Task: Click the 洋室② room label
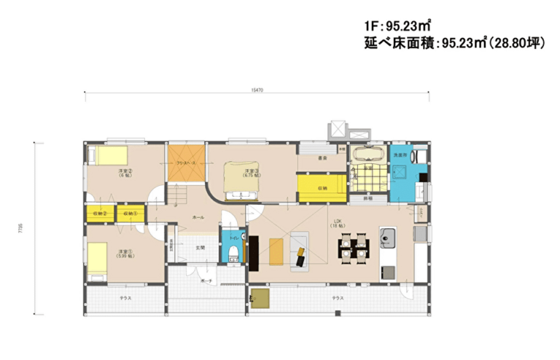tap(125, 173)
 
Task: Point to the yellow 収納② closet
tap(100, 214)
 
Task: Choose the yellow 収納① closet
tap(129, 214)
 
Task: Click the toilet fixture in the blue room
tap(233, 253)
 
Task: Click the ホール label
tap(198, 218)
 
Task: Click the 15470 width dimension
tap(256, 90)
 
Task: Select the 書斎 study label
tap(322, 158)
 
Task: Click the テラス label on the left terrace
tap(125, 298)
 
